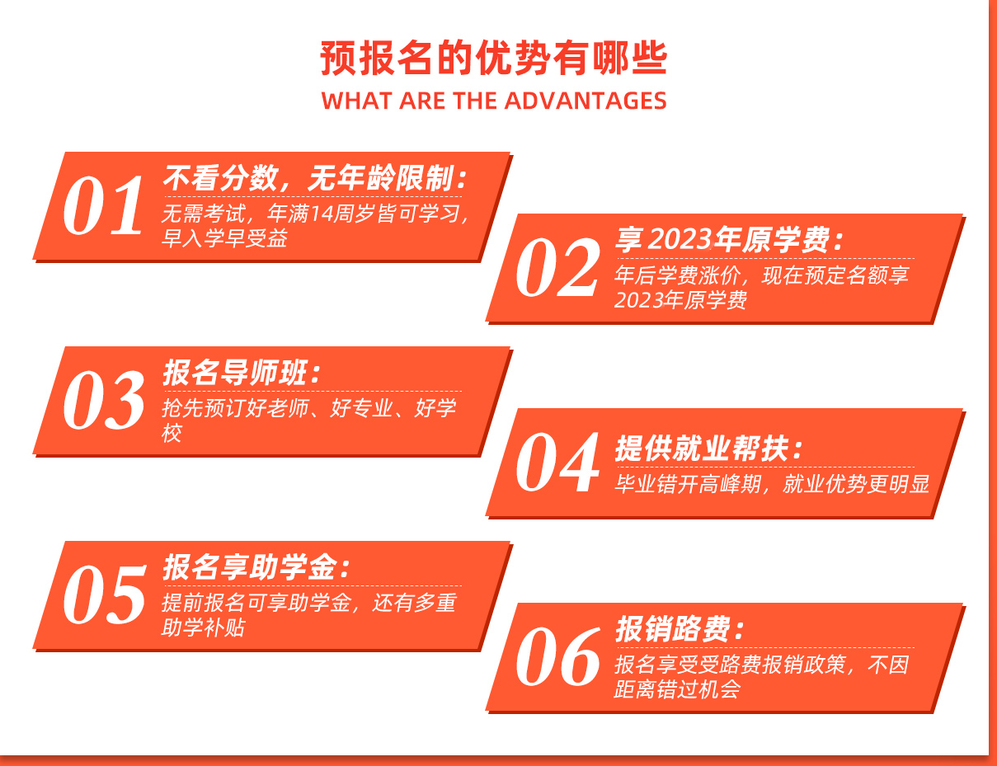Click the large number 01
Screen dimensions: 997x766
(103, 205)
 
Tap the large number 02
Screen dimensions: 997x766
(557, 267)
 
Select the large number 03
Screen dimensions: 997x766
(104, 400)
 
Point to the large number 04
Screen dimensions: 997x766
(557, 462)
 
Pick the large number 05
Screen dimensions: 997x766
(105, 594)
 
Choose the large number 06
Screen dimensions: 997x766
(558, 656)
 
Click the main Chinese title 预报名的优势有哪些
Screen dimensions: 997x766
(494, 59)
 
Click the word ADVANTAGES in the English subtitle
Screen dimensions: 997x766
(588, 101)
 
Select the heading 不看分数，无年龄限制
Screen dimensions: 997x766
(315, 178)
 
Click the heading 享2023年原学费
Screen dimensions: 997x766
(730, 239)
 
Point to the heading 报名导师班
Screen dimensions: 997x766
(242, 373)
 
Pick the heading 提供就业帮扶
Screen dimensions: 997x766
(709, 448)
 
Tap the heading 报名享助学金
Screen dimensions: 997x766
(256, 567)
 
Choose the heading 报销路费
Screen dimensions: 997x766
(680, 629)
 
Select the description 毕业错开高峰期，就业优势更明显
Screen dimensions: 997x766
(772, 484)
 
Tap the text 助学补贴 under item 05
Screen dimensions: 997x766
(203, 627)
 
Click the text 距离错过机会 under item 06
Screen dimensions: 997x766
(677, 689)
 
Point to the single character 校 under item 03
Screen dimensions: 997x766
(172, 433)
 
